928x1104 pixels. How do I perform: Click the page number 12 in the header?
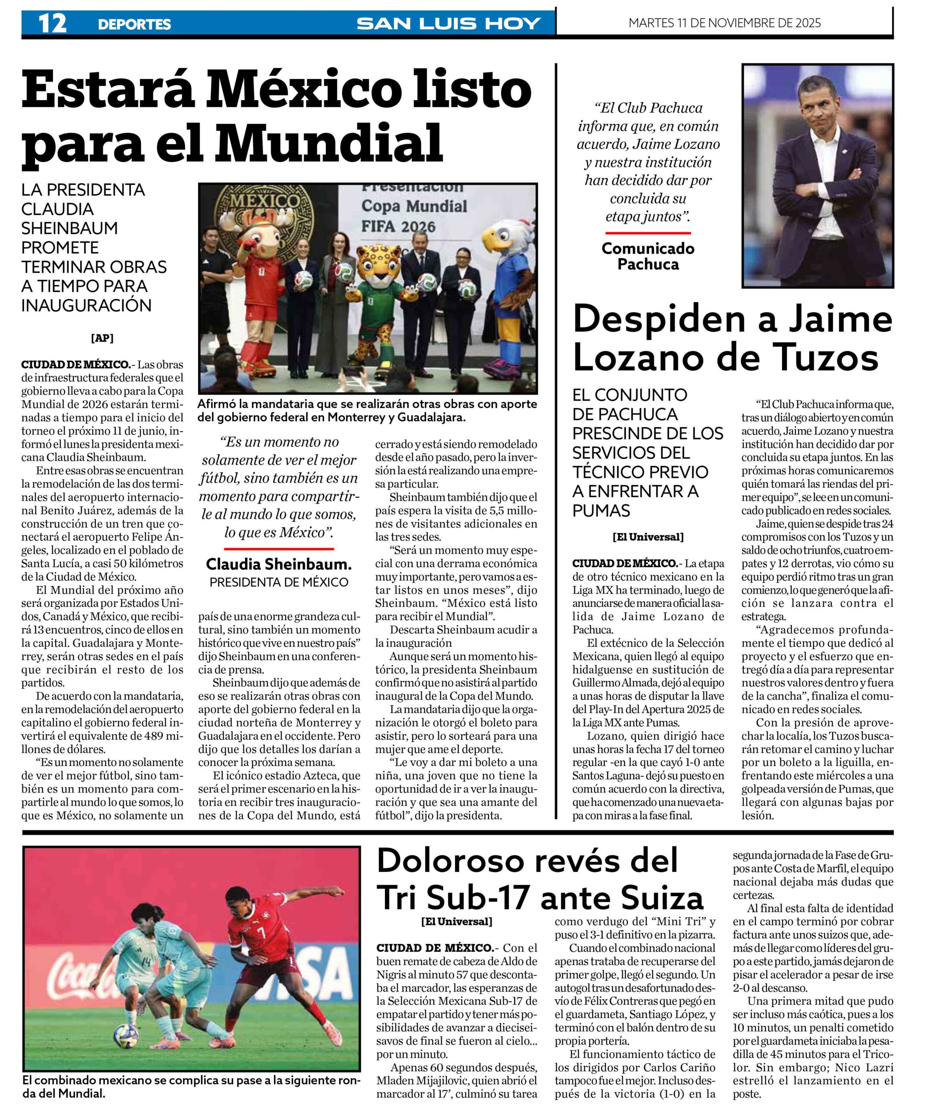(x=53, y=23)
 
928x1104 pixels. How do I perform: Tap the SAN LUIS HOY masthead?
(x=449, y=24)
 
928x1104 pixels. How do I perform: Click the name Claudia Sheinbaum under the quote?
(x=278, y=565)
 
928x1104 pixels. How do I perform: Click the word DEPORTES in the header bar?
(x=134, y=24)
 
